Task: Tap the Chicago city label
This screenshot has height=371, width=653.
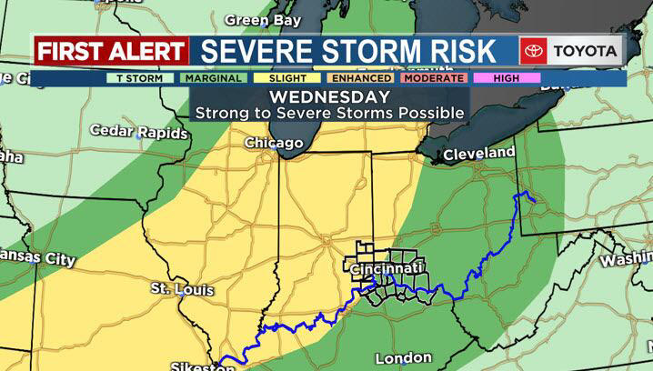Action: (x=273, y=144)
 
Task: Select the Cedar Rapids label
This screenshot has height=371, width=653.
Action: (x=139, y=132)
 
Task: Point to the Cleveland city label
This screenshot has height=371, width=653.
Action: (x=478, y=155)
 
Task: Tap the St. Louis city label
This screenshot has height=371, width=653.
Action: (x=182, y=290)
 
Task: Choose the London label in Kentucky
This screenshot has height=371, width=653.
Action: (x=403, y=357)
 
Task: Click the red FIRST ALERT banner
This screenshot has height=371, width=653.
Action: (x=111, y=51)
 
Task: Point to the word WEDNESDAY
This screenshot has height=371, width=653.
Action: (x=328, y=96)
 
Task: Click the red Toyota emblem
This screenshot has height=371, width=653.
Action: (x=532, y=51)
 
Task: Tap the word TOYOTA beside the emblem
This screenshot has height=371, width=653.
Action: (x=583, y=51)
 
